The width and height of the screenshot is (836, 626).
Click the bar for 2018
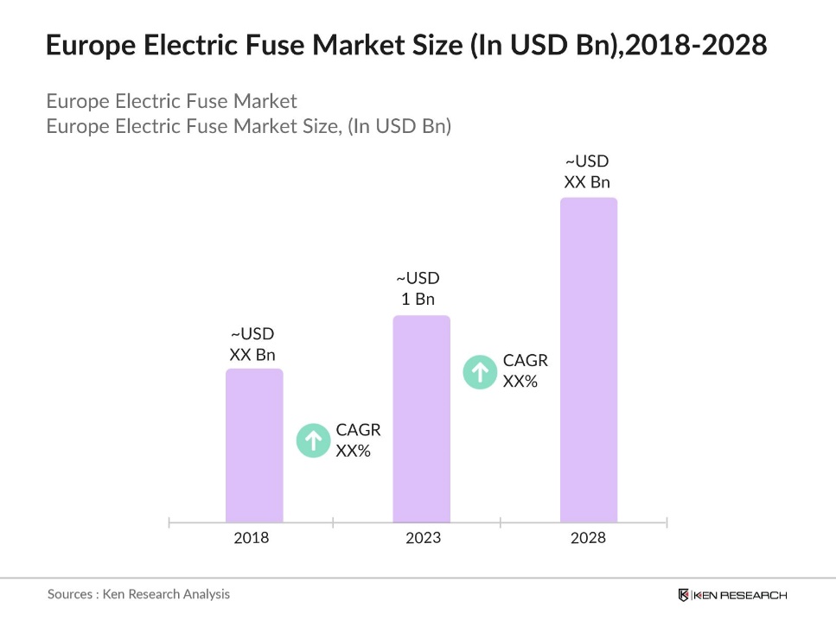[254, 446]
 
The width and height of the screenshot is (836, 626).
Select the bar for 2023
[421, 419]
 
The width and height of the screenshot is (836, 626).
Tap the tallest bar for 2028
[588, 360]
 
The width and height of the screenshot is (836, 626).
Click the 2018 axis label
[252, 538]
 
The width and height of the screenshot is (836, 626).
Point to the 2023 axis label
[423, 538]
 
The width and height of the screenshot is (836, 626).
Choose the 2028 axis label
[588, 538]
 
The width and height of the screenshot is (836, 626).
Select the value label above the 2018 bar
[252, 344]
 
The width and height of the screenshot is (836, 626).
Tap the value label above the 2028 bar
[587, 171]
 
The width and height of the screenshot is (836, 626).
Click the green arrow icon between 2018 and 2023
[312, 439]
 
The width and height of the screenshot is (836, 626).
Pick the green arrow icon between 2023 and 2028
[480, 371]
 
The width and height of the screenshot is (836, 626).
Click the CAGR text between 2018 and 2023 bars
[357, 439]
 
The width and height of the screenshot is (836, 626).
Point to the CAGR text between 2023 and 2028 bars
[525, 371]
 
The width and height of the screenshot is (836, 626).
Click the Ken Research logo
[732, 595]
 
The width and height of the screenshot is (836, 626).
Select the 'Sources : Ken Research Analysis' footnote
[138, 594]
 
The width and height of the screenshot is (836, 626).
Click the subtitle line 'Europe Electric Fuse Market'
[171, 101]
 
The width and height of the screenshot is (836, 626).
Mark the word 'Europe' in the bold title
[91, 45]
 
